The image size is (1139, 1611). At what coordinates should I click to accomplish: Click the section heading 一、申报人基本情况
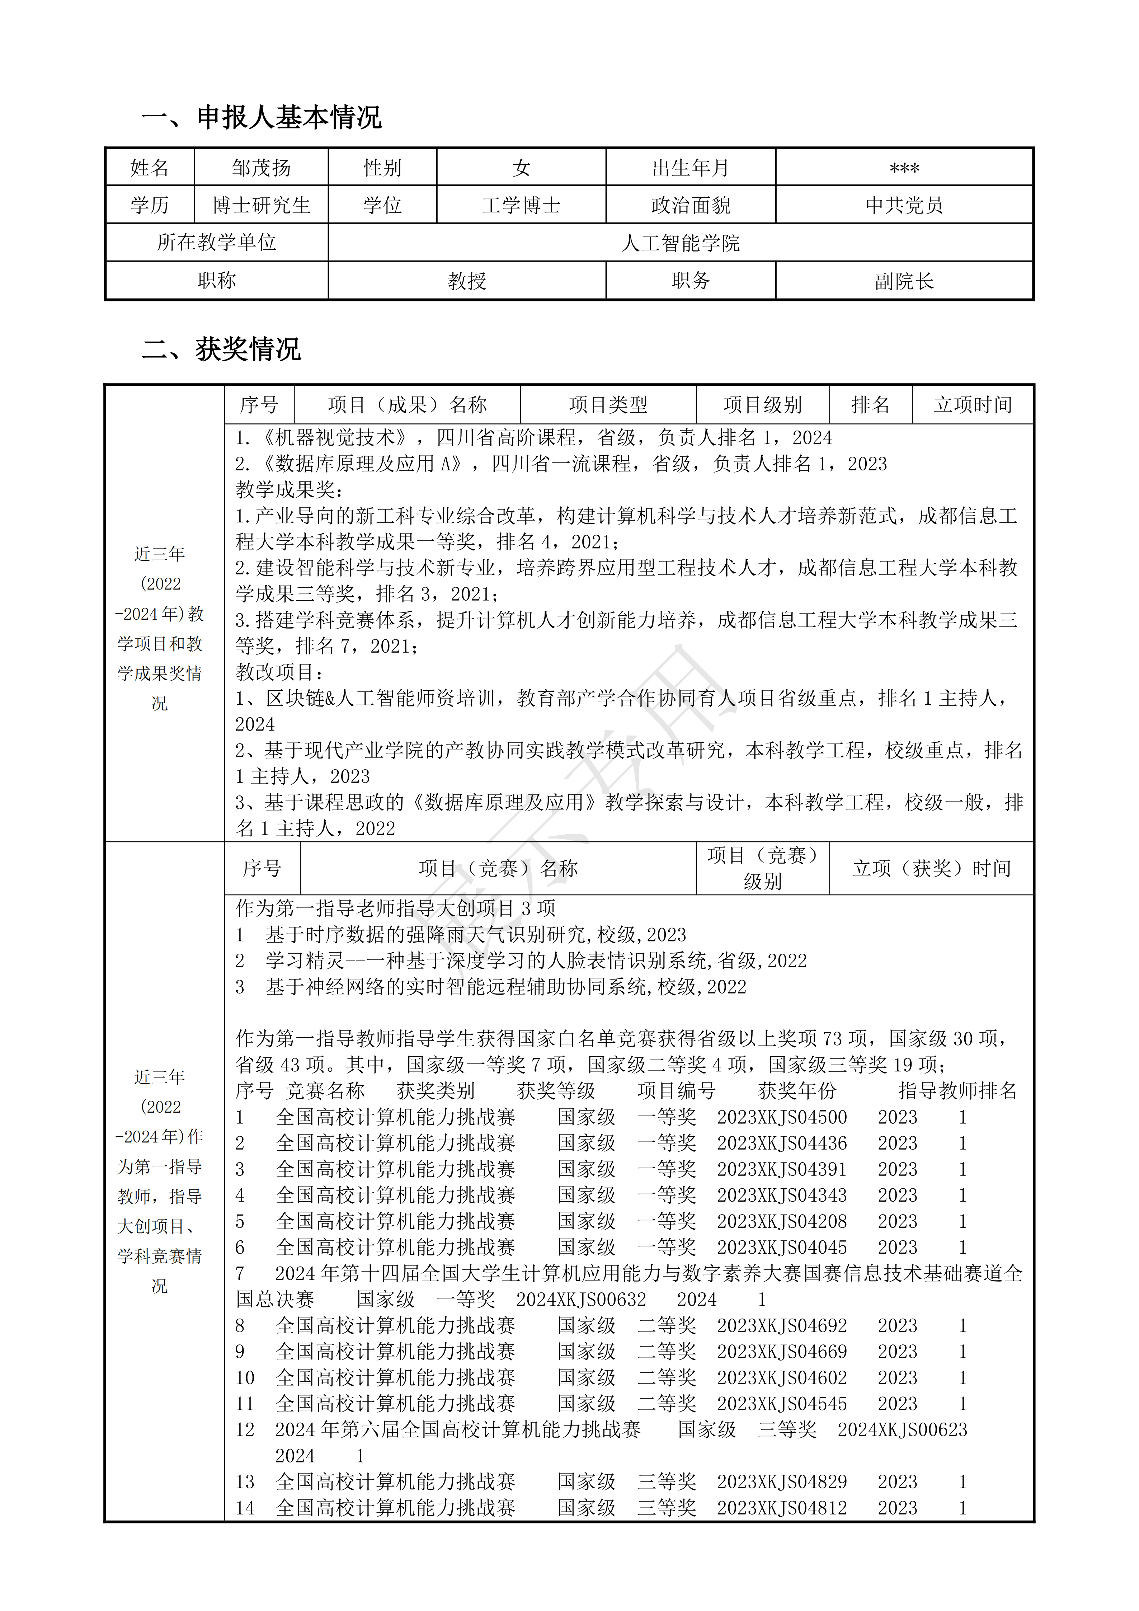pyautogui.click(x=262, y=117)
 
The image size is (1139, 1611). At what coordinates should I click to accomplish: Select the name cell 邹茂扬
pyautogui.click(x=261, y=168)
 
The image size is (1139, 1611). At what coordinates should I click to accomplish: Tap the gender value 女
pyautogui.click(x=521, y=168)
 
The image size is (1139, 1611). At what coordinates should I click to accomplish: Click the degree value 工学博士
pyautogui.click(x=521, y=206)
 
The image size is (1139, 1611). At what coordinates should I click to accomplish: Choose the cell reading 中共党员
pyautogui.click(x=904, y=206)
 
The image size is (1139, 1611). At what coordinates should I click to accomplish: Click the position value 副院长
pyautogui.click(x=904, y=281)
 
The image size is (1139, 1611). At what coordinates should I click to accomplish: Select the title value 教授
pyautogui.click(x=467, y=281)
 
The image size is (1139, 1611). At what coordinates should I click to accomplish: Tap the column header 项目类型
pyautogui.click(x=608, y=405)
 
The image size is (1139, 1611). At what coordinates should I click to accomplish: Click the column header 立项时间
pyautogui.click(x=973, y=405)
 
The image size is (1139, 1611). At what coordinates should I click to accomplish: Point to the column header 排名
pyautogui.click(x=870, y=405)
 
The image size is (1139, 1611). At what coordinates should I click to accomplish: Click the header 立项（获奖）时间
pyautogui.click(x=931, y=869)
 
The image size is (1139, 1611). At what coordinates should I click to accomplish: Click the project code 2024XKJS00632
pyautogui.click(x=581, y=1300)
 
